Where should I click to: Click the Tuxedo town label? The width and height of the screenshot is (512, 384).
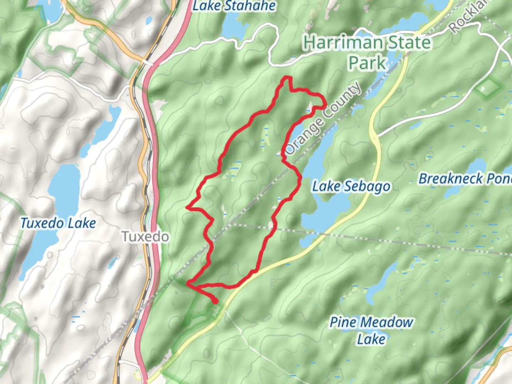(x=145, y=236)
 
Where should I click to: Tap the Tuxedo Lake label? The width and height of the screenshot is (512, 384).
(x=58, y=223)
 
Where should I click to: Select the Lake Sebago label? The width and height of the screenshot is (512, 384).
(x=351, y=186)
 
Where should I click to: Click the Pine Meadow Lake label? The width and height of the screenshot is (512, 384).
(x=371, y=330)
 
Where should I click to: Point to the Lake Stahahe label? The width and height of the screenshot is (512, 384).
(x=234, y=6)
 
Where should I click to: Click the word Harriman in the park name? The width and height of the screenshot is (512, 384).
(x=342, y=43)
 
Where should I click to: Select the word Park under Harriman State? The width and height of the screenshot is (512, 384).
(x=367, y=63)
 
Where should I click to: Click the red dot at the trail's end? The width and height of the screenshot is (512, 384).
(x=215, y=302)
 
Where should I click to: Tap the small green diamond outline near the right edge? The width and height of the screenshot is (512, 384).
(x=489, y=87)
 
